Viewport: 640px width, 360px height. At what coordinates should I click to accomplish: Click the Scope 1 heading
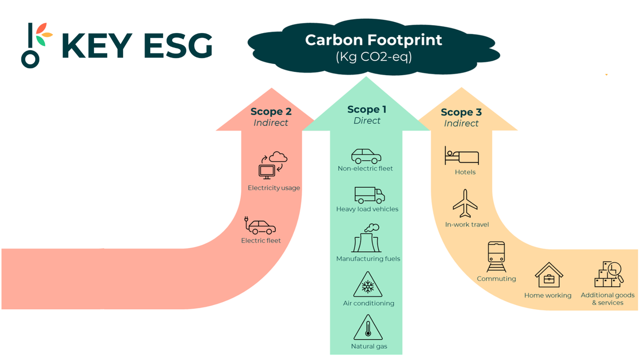pos(367,110)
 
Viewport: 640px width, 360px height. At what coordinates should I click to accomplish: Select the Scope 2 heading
pos(271,112)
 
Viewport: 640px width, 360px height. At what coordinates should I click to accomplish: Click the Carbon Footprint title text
pos(373,40)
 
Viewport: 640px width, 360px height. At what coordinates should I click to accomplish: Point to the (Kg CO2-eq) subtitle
pos(373,57)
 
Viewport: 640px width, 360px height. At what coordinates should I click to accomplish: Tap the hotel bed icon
pos(462,156)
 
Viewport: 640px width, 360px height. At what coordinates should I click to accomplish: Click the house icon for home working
pos(549,275)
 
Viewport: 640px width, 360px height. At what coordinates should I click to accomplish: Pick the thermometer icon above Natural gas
pos(367,327)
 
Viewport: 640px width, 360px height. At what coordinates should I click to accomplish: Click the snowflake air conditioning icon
pos(367,285)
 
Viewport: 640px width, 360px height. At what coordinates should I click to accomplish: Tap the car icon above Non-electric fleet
pos(366,156)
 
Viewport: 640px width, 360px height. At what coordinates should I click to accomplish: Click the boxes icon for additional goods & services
pos(609,274)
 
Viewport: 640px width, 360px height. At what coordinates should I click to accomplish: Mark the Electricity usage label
pos(274,188)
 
